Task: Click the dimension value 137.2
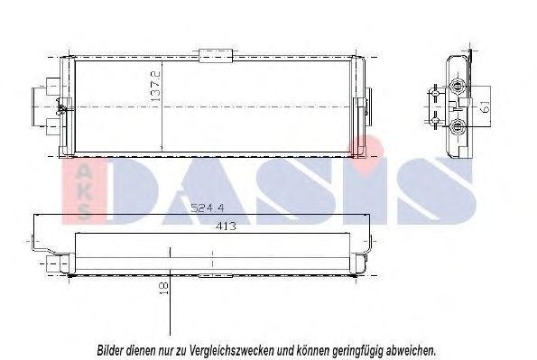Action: click(155, 86)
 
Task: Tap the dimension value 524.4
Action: click(208, 208)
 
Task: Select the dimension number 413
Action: click(226, 226)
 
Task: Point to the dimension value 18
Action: click(164, 288)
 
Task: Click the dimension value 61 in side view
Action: click(485, 106)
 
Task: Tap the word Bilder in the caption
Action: click(110, 350)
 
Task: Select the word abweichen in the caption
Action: click(411, 350)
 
